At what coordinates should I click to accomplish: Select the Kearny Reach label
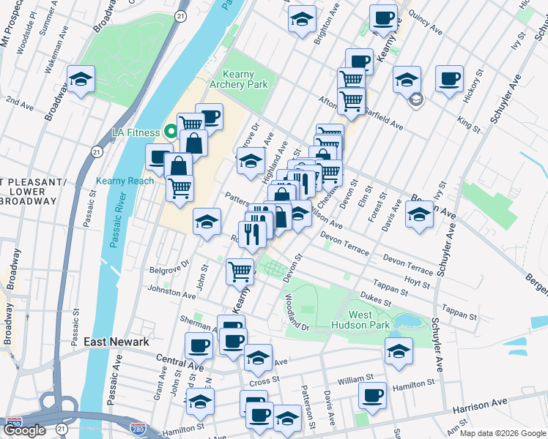pyautogui.click(x=125, y=181)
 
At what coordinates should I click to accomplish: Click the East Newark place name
pyautogui.click(x=116, y=342)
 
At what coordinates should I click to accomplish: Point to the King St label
pyautogui.click(x=468, y=123)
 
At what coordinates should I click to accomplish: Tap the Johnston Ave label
pyautogui.click(x=172, y=293)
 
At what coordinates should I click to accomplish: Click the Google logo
pyautogui.click(x=26, y=430)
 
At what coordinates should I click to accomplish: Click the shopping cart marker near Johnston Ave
pyautogui.click(x=240, y=271)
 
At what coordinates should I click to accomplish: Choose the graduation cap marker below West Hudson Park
pyautogui.click(x=398, y=351)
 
